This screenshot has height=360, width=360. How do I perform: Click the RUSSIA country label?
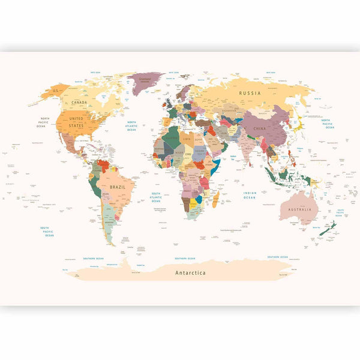pos(250,94)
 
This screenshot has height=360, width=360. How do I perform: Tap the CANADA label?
pos(79,102)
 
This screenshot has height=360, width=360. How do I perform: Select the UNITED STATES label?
pos(76,122)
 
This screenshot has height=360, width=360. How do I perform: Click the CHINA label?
pos(260,128)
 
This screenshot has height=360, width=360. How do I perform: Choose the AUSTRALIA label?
pos(300,209)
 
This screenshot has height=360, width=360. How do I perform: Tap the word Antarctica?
pos(190,272)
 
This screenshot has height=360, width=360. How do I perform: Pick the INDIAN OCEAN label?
pos(250,195)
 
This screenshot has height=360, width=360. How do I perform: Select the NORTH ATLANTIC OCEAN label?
pos(131,125)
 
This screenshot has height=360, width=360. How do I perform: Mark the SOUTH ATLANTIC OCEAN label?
pos(155,196)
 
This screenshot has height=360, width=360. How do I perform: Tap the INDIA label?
pos(247,147)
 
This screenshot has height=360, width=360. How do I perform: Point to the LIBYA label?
pos(187,139)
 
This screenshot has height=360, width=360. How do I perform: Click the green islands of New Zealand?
pos(328,228)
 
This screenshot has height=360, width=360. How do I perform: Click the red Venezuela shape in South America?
pos(104,164)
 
